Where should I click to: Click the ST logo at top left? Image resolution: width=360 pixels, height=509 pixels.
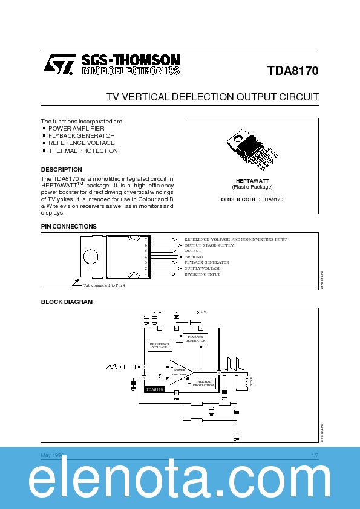[x=59, y=65]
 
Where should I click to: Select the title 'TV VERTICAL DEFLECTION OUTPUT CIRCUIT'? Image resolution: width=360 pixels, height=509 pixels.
[x=212, y=97]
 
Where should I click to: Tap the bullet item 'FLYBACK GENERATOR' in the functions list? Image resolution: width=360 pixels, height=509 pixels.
[x=81, y=136]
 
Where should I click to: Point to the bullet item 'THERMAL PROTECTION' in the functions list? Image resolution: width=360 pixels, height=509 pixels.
[x=83, y=151]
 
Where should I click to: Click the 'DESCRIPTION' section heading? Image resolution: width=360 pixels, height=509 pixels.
[x=61, y=170]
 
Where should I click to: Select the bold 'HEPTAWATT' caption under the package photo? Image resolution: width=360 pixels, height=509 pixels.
[x=252, y=181]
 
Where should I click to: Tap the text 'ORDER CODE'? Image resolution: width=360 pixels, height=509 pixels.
[x=240, y=199]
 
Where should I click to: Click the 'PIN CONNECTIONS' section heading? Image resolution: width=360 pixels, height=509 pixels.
[x=68, y=227]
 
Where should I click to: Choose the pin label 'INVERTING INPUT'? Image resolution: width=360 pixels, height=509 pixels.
[x=202, y=274]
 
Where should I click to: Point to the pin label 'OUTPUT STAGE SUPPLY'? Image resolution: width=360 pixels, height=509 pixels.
[x=209, y=245]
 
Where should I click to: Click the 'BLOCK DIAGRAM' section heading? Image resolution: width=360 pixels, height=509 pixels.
[x=67, y=302]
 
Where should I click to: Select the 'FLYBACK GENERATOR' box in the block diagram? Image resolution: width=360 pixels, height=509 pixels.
[x=195, y=339]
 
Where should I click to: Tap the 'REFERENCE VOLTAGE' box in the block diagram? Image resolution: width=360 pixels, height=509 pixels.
[x=160, y=346]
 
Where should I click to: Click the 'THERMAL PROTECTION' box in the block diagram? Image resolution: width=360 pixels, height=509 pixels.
[x=203, y=383]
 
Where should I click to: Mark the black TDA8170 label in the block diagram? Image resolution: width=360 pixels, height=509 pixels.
[x=154, y=390]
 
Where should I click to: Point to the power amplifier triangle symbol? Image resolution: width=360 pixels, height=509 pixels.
[x=180, y=371]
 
